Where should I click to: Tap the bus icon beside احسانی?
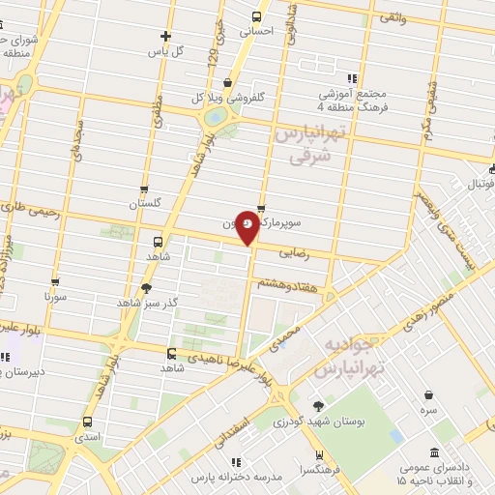tap(256, 16)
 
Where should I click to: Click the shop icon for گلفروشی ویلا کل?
tap(226, 83)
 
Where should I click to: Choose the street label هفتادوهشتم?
tap(282, 282)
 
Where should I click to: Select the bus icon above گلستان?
tap(145, 189)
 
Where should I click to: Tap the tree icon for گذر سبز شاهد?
tap(146, 287)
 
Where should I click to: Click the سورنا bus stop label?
tap(55, 298)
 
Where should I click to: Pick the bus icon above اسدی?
tap(88, 422)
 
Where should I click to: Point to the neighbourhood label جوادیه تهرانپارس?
tap(353, 358)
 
